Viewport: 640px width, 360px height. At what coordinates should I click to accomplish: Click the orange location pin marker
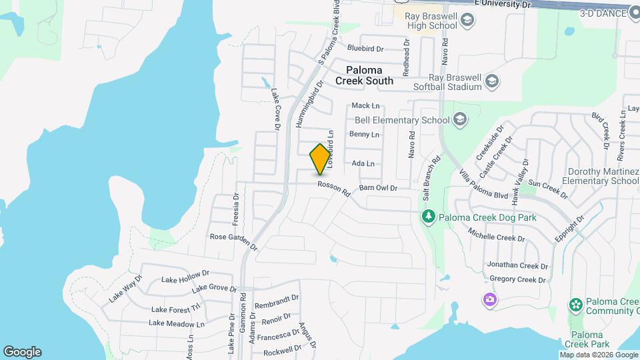pos(321,159)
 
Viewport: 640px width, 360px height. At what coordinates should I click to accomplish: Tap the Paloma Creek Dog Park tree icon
pos(429,217)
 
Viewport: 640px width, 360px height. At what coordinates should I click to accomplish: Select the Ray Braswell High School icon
pos(468,25)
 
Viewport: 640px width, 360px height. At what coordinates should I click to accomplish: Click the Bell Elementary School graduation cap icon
pos(459,120)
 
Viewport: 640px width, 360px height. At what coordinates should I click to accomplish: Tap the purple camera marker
pos(490,300)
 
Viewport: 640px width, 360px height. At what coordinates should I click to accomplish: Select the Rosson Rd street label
pos(333,189)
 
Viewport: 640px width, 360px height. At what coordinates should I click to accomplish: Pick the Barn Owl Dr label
pos(378,189)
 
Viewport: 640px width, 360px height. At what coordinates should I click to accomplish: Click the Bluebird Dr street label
pos(366,49)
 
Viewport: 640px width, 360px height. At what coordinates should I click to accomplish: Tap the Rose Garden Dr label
pos(233,241)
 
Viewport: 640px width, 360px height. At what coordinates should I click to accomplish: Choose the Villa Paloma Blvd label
pos(484,185)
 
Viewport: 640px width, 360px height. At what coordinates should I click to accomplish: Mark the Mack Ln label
pos(365,105)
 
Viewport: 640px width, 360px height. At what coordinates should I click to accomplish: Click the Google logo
pos(22,352)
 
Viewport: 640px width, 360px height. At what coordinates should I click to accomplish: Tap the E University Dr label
pos(502,4)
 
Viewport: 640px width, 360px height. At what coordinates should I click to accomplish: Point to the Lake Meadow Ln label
pos(177,323)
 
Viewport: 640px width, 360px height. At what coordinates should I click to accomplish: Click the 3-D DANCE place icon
pos(633,11)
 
